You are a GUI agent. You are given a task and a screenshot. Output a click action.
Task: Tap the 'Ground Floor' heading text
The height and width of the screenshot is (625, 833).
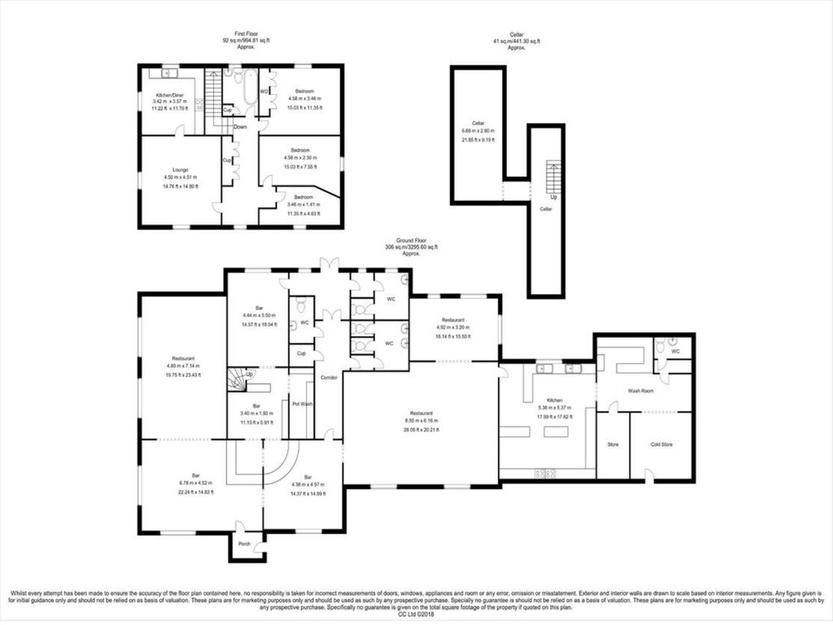tap(411, 240)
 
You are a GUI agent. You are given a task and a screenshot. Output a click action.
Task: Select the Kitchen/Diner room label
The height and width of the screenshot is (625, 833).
tap(171, 95)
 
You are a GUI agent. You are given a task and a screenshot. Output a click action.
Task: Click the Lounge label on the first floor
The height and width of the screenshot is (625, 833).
tap(180, 170)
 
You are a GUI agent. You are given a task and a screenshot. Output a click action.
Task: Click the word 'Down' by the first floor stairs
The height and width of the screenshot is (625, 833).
tap(240, 127)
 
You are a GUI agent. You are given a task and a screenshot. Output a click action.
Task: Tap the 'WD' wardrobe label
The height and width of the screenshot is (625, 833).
tap(264, 91)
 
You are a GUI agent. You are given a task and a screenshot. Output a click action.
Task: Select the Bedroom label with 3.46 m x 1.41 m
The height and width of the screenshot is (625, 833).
tap(304, 198)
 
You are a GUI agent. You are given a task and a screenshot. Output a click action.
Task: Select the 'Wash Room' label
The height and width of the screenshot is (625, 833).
tap(641, 391)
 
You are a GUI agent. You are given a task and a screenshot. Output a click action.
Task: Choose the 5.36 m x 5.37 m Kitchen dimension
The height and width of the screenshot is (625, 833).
tap(556, 408)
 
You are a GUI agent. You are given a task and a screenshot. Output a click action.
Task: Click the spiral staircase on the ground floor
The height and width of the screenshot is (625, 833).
tap(239, 379)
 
